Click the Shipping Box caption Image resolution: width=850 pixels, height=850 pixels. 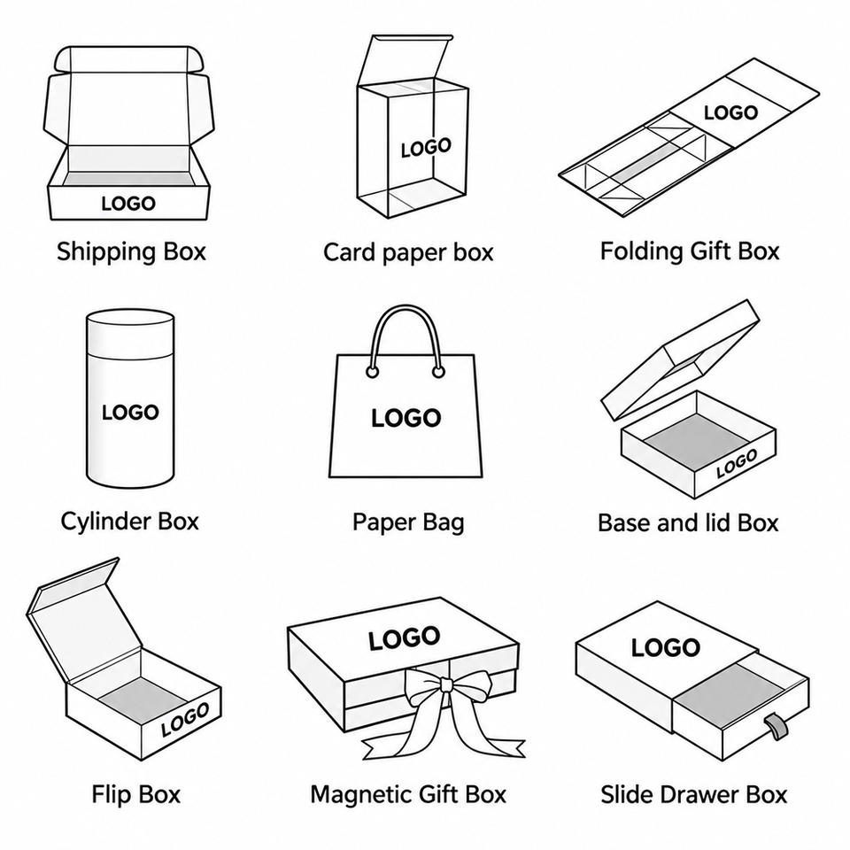pyautogui.click(x=132, y=252)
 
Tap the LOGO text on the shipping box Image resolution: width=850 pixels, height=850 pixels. pyautogui.click(x=128, y=204)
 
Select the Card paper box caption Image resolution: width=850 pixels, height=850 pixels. pyautogui.click(x=408, y=253)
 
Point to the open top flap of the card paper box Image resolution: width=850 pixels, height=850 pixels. pyautogui.click(x=405, y=58)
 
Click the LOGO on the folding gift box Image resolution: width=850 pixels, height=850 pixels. pyautogui.click(x=730, y=112)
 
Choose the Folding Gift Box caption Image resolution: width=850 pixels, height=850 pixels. pyautogui.click(x=690, y=251)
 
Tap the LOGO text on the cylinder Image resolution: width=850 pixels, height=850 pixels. pyautogui.click(x=130, y=413)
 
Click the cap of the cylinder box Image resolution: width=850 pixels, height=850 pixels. pyautogui.click(x=130, y=333)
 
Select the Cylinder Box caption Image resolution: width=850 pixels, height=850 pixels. pyautogui.click(x=130, y=522)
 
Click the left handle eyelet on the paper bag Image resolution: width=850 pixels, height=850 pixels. pyautogui.click(x=373, y=372)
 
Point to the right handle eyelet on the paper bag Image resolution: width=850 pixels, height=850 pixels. pyautogui.click(x=438, y=372)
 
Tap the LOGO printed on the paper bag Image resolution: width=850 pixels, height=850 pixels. pyautogui.click(x=406, y=418)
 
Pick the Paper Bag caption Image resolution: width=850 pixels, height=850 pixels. pyautogui.click(x=408, y=522)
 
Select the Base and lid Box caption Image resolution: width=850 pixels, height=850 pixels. pyautogui.click(x=688, y=523)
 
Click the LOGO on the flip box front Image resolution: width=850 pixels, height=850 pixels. pyautogui.click(x=185, y=719)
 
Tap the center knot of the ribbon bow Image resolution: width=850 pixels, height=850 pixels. pyautogui.click(x=445, y=684)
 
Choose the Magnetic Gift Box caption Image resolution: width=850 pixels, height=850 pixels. pyautogui.click(x=408, y=795)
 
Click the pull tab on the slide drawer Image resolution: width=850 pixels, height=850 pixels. pyautogui.click(x=774, y=726)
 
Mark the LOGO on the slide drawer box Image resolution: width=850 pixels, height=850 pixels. pyautogui.click(x=666, y=648)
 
